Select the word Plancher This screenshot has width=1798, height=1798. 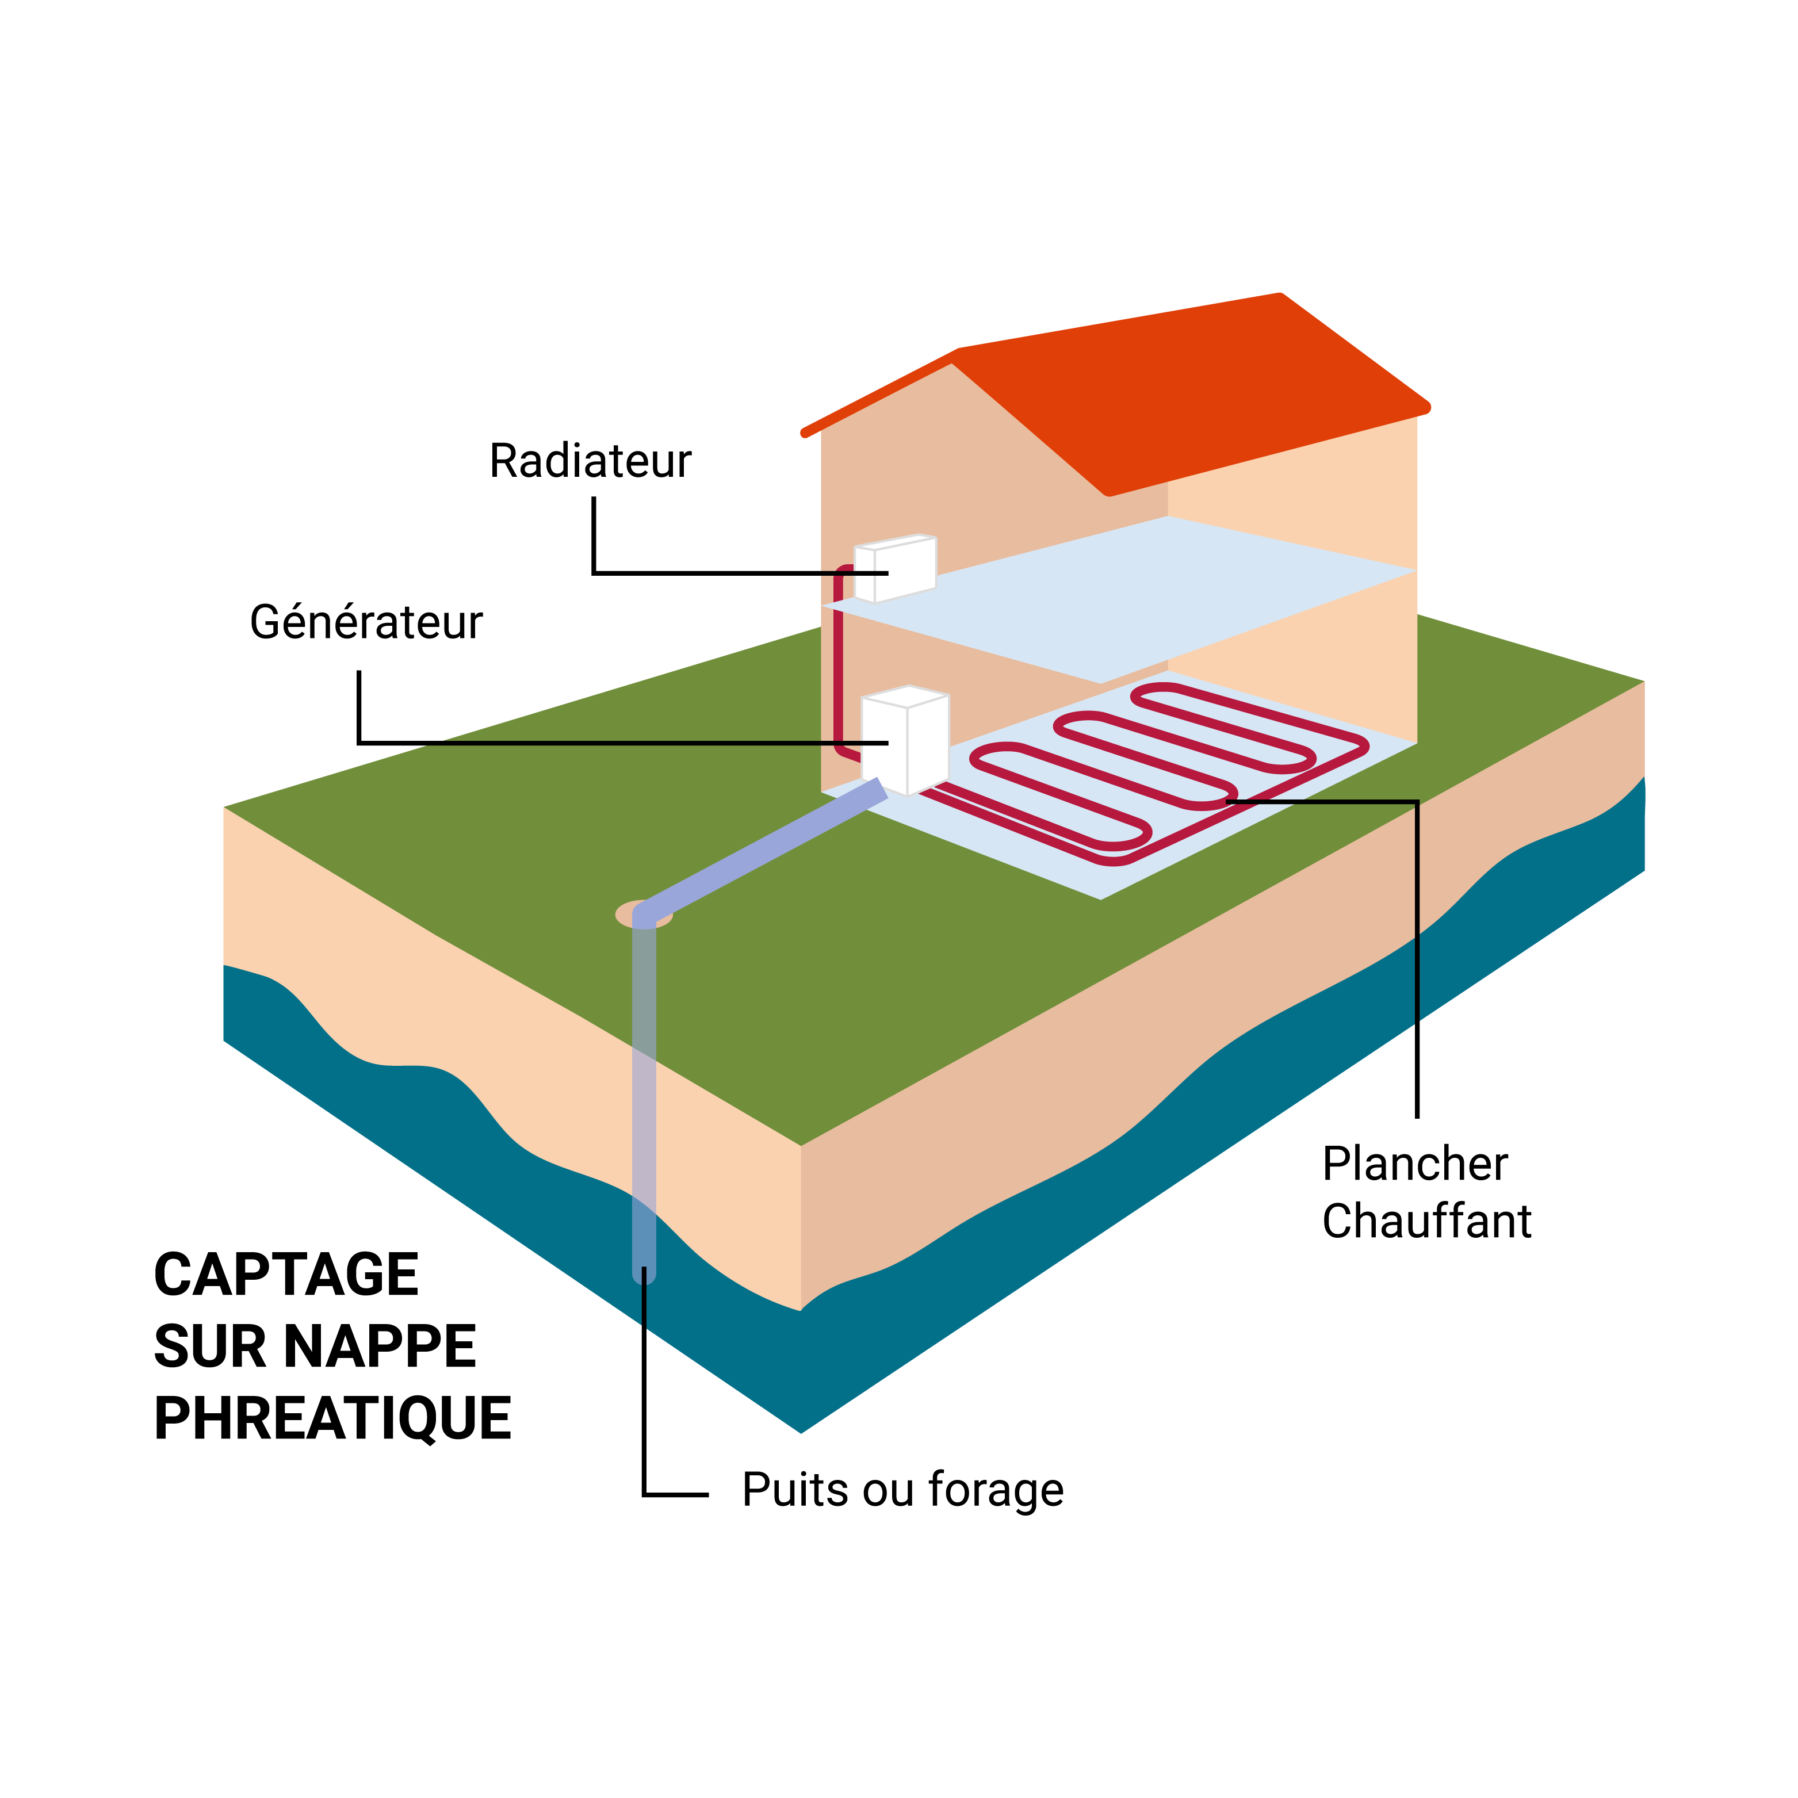click(1414, 1164)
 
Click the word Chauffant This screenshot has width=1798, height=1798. click(1426, 1221)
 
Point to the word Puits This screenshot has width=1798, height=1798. click(795, 1489)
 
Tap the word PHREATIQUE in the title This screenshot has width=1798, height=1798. click(332, 1418)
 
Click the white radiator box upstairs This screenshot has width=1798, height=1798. click(896, 569)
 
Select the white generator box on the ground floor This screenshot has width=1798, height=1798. click(905, 741)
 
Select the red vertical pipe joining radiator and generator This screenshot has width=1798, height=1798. click(839, 661)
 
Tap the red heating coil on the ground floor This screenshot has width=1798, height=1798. click(1170, 772)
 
